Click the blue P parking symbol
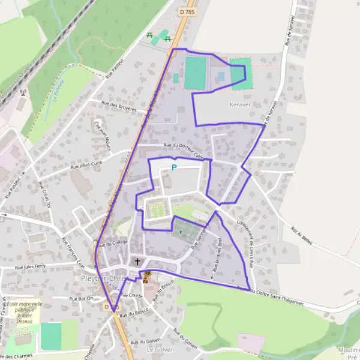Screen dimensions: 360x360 point(174,167)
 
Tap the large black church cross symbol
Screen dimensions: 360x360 point(137,262)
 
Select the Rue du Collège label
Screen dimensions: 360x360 point(113,243)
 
